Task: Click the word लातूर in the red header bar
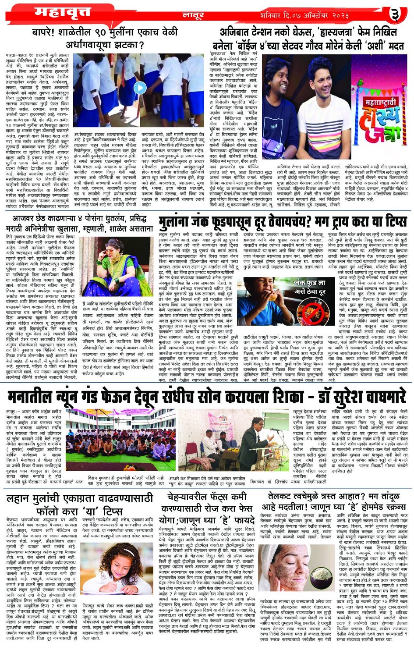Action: [x=193, y=16]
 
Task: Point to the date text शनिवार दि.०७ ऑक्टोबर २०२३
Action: [x=304, y=15]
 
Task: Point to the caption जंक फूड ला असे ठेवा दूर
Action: [x=309, y=288]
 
